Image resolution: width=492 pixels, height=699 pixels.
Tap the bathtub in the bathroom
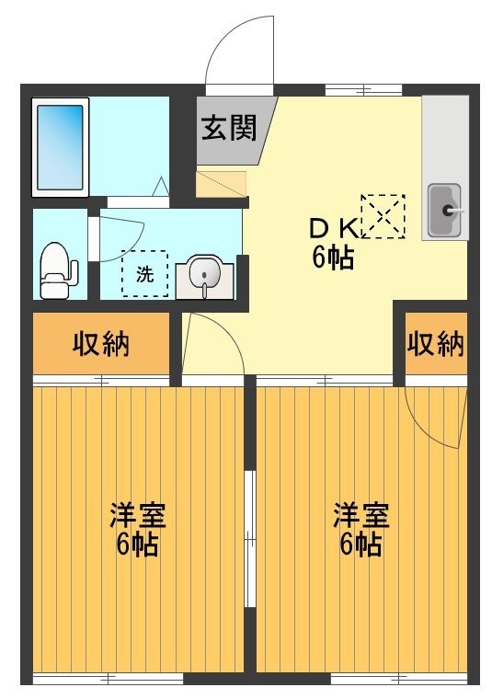(61, 147)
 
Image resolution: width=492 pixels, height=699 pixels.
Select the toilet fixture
(58, 269)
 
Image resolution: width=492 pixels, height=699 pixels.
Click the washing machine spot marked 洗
(144, 273)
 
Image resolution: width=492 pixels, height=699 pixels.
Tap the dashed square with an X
(382, 216)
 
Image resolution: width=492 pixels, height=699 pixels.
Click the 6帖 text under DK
(333, 258)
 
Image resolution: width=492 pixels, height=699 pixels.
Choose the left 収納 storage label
(101, 344)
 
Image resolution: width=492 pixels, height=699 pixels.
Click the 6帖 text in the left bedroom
(137, 544)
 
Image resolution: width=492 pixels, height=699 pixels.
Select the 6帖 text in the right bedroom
(360, 544)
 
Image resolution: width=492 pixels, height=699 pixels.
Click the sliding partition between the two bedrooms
(249, 538)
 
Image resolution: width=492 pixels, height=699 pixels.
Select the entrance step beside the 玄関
(221, 183)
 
